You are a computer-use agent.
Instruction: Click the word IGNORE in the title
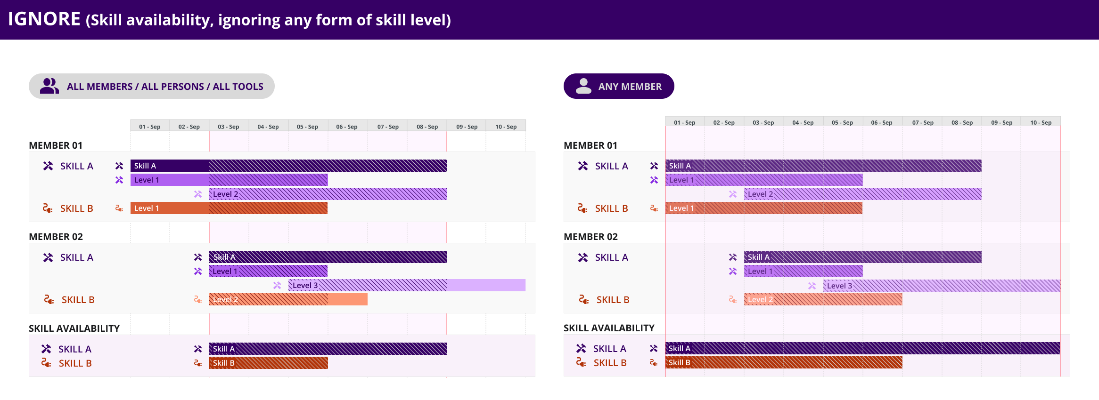(44, 19)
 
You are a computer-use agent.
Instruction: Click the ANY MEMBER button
(618, 86)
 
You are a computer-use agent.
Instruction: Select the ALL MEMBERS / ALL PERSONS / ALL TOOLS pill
(151, 86)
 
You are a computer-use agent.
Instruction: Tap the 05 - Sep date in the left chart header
(307, 127)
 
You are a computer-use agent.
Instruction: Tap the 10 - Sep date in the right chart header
(1041, 122)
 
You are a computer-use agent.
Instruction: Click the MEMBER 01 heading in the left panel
(56, 145)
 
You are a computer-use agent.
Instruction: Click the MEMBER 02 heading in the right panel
(591, 237)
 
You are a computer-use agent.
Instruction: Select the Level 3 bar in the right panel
(941, 286)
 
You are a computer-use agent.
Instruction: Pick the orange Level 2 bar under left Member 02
(287, 299)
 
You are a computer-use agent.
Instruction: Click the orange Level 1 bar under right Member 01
(763, 208)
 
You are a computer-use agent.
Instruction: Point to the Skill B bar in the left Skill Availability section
(268, 363)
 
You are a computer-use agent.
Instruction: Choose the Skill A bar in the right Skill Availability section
(862, 349)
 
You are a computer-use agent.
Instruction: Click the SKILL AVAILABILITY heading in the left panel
(74, 328)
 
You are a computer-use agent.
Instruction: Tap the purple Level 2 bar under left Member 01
(328, 194)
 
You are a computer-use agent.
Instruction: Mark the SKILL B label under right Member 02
(613, 300)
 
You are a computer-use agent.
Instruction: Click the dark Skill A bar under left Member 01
(288, 166)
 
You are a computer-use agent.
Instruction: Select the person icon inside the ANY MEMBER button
(583, 86)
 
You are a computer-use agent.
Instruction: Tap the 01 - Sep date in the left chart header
(149, 127)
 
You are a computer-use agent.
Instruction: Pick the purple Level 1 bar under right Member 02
(803, 271)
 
